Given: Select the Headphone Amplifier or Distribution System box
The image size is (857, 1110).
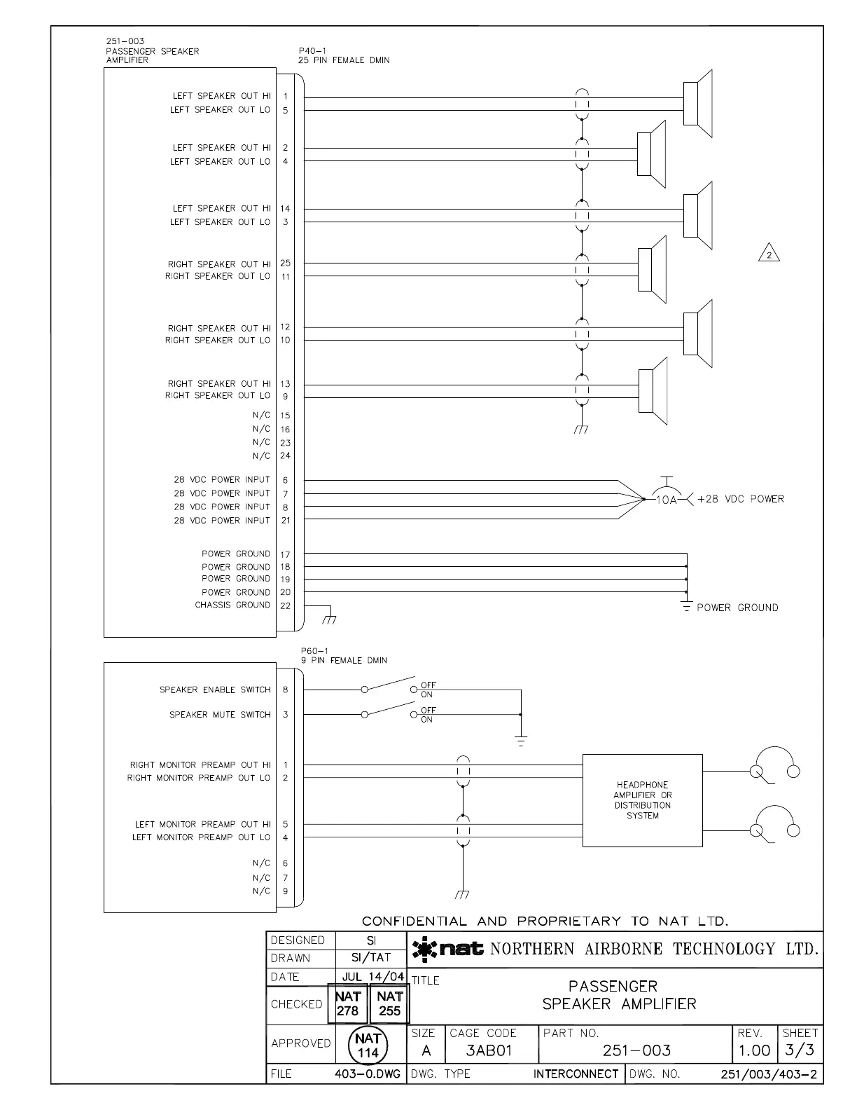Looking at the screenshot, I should click(642, 800).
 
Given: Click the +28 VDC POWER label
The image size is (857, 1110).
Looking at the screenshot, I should click(741, 499).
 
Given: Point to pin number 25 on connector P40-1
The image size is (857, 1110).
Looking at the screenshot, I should click(285, 263).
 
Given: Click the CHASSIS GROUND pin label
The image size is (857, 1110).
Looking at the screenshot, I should click(232, 605).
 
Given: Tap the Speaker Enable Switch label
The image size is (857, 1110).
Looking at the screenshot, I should click(215, 690).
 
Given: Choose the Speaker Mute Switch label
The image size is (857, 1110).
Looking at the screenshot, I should click(220, 715).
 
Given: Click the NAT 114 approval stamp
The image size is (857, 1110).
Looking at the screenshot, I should click(368, 1045).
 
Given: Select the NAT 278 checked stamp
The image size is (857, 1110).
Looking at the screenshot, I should click(348, 1003).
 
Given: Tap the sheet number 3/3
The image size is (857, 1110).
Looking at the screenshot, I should click(799, 1050).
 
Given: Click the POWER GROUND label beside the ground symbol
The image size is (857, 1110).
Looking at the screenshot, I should click(737, 608).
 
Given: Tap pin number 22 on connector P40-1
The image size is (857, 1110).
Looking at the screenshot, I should click(285, 605).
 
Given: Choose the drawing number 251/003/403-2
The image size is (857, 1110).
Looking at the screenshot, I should click(770, 1074).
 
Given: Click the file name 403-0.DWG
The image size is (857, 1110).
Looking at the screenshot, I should click(372, 1074).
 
